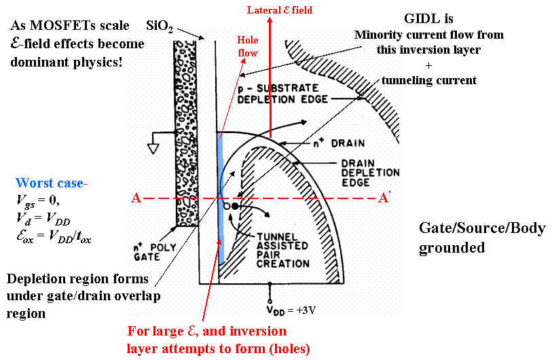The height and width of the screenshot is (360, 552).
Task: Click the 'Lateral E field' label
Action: (280, 10)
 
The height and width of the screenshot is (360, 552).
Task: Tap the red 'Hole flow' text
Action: (247, 46)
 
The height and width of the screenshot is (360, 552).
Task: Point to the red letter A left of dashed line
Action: (136, 198)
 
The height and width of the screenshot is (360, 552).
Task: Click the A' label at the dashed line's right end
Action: (385, 198)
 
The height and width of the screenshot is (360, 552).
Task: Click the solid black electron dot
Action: (236, 205)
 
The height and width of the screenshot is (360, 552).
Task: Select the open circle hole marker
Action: (227, 205)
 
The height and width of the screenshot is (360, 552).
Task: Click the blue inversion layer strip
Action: (220, 197)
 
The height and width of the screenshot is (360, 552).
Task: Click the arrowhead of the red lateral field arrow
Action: (270, 22)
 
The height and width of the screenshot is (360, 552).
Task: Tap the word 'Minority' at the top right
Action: (377, 35)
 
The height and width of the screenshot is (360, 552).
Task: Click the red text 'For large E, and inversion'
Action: (206, 332)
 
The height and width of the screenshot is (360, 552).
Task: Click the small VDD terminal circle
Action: (270, 300)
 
